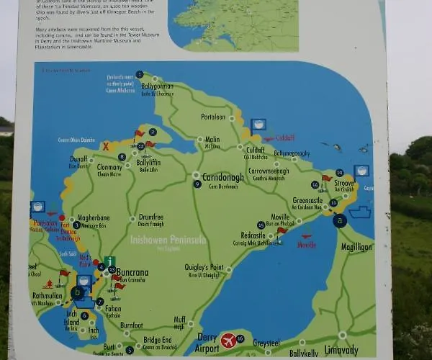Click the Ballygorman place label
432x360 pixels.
157,86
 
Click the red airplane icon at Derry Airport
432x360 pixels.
229,339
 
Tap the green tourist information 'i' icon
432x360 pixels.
109,261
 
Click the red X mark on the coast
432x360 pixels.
106,145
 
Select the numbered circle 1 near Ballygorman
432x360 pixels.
140,75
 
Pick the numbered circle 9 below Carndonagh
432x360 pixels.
197,184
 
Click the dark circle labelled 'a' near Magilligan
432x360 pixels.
340,222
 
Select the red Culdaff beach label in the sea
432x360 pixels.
283,137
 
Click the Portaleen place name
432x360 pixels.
213,117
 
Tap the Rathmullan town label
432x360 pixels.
48,294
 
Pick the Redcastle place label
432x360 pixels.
253,235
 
